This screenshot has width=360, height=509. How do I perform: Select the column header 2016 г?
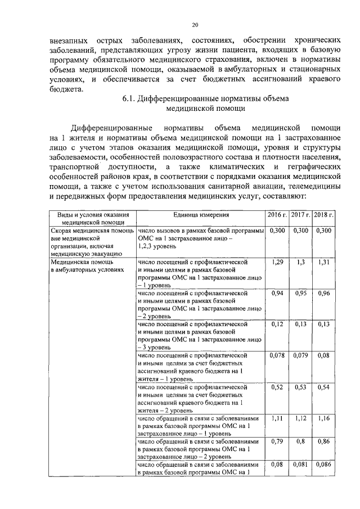(x=276, y=215)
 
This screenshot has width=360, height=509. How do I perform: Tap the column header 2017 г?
(x=300, y=215)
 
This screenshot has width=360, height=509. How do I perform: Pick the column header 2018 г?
(x=324, y=215)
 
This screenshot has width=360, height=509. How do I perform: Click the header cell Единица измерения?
(x=200, y=215)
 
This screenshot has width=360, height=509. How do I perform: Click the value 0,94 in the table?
(x=276, y=293)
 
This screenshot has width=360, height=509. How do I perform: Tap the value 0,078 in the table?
(x=276, y=355)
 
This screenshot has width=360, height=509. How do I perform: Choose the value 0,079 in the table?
(x=300, y=355)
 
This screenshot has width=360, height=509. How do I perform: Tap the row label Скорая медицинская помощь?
(x=92, y=231)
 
